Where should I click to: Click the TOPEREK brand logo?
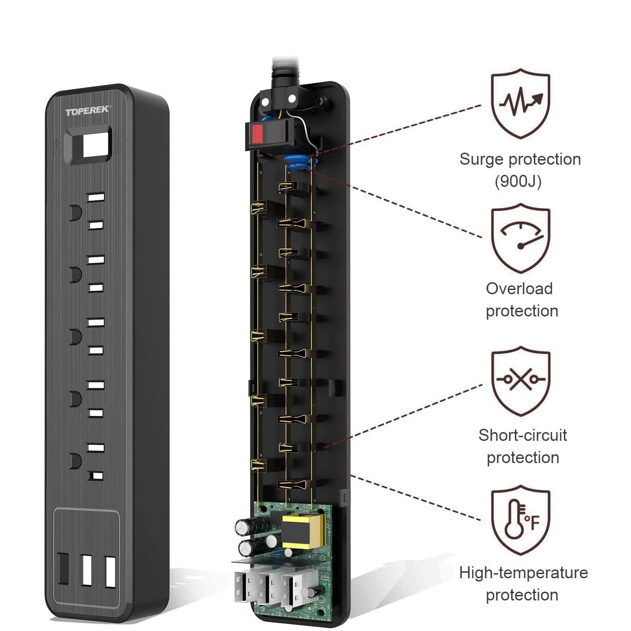(87, 111)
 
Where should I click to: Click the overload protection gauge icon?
(520, 238)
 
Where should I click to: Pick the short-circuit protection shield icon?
(520, 381)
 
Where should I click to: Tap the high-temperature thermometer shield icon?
(520, 520)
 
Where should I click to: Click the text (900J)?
(518, 181)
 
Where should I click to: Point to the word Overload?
(519, 289)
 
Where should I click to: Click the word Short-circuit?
(523, 435)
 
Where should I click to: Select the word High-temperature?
(523, 573)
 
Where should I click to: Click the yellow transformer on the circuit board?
(303, 531)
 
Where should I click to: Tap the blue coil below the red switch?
(297, 162)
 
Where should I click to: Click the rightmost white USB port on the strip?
(110, 572)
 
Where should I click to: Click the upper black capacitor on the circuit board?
(250, 526)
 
